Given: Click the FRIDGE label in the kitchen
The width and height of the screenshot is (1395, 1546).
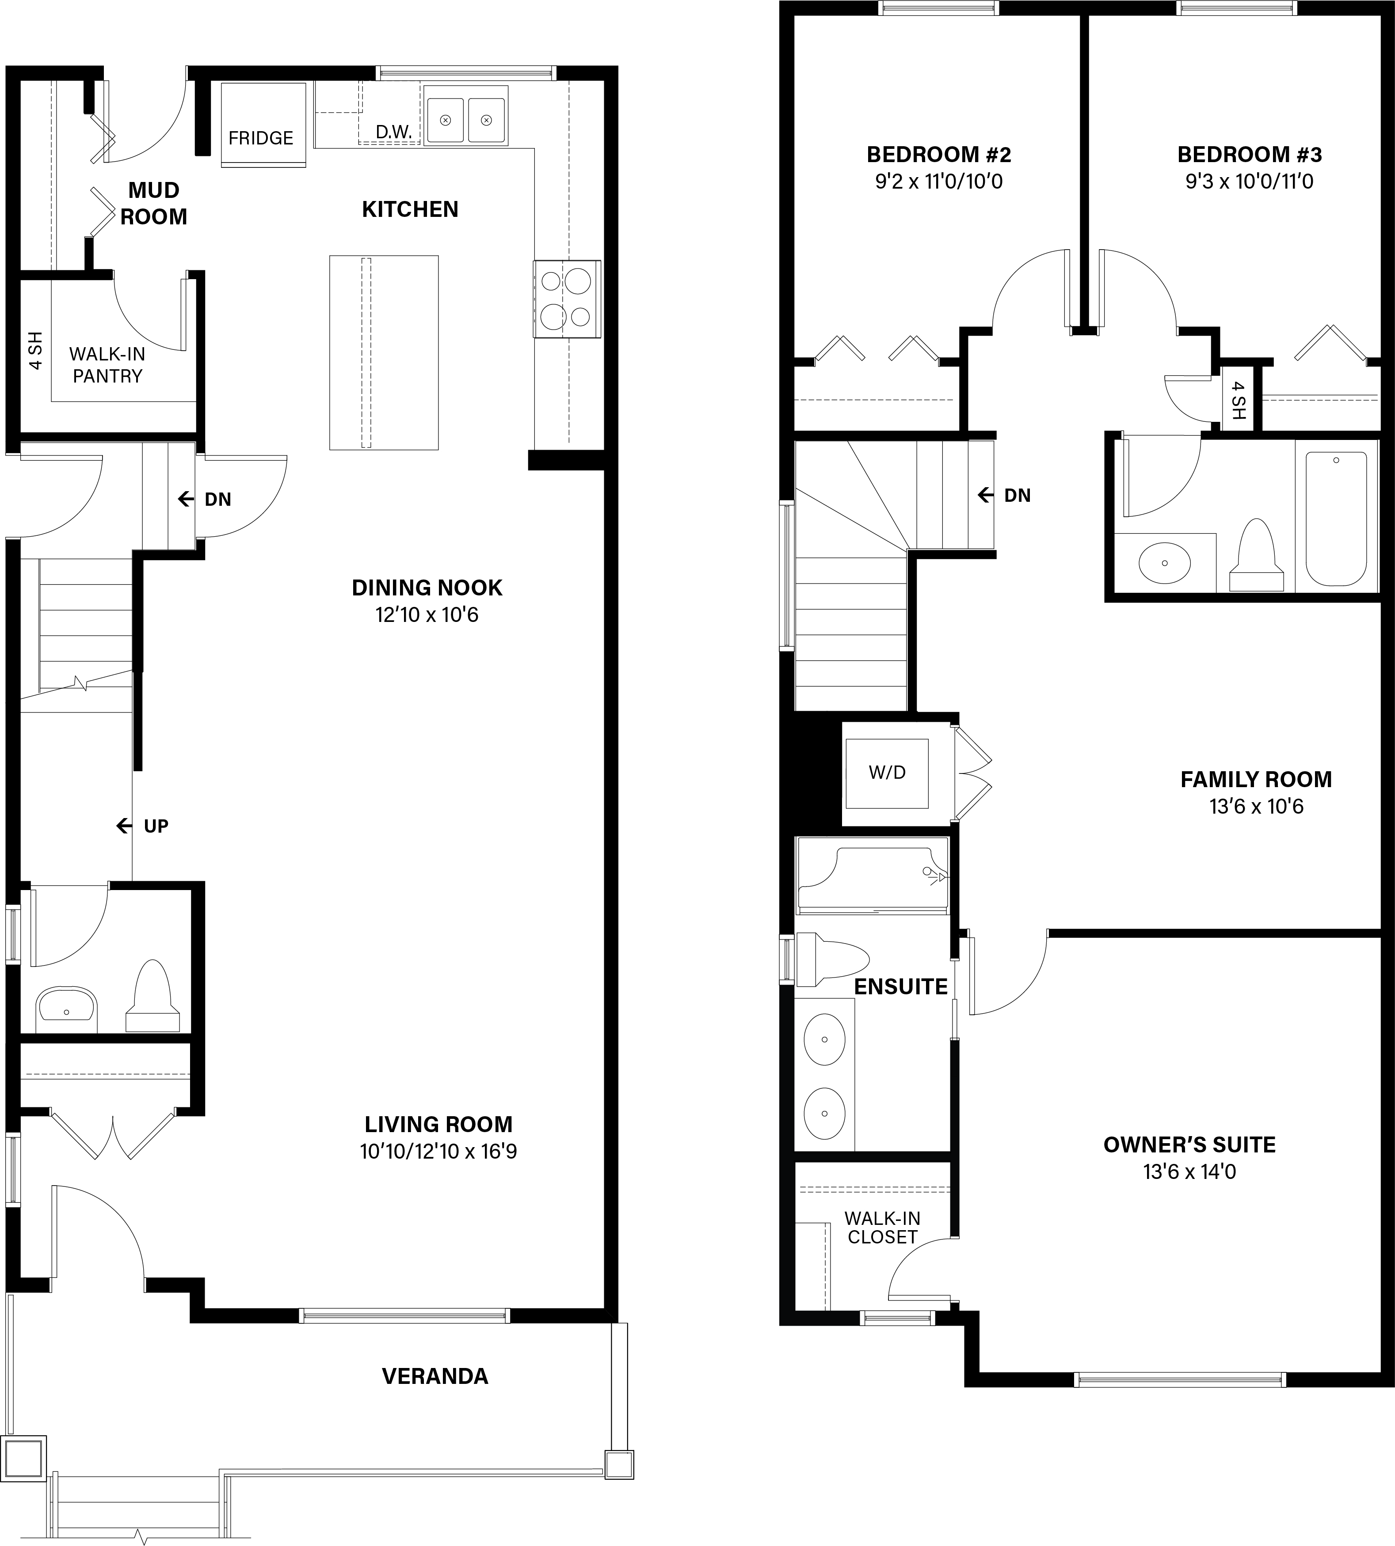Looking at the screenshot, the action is pos(261,138).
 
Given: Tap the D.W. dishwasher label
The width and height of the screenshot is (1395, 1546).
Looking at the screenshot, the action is pos(394,132).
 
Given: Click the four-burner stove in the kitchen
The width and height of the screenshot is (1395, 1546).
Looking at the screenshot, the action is pos(567,299).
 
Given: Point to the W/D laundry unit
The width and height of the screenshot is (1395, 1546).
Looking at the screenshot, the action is pos(887,773).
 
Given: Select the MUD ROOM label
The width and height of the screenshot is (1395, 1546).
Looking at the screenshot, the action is pos(153,203).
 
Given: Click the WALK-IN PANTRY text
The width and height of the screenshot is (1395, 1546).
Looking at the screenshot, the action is pos(107,365).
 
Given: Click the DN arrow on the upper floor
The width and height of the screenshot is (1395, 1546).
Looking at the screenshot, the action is pos(985,496).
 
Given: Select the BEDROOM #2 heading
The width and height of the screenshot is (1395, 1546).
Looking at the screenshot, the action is pos(939,155).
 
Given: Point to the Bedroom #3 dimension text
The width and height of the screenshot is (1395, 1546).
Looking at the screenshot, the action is pos(1250,182).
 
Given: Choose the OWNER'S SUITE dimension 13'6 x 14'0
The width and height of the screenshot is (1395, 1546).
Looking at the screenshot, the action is pos(1189,1171).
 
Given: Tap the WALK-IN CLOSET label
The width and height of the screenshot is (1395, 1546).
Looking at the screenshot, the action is pos(882,1227).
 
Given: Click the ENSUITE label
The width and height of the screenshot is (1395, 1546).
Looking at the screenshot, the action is pos(901,987).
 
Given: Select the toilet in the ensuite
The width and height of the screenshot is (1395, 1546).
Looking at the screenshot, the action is pos(831,959).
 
